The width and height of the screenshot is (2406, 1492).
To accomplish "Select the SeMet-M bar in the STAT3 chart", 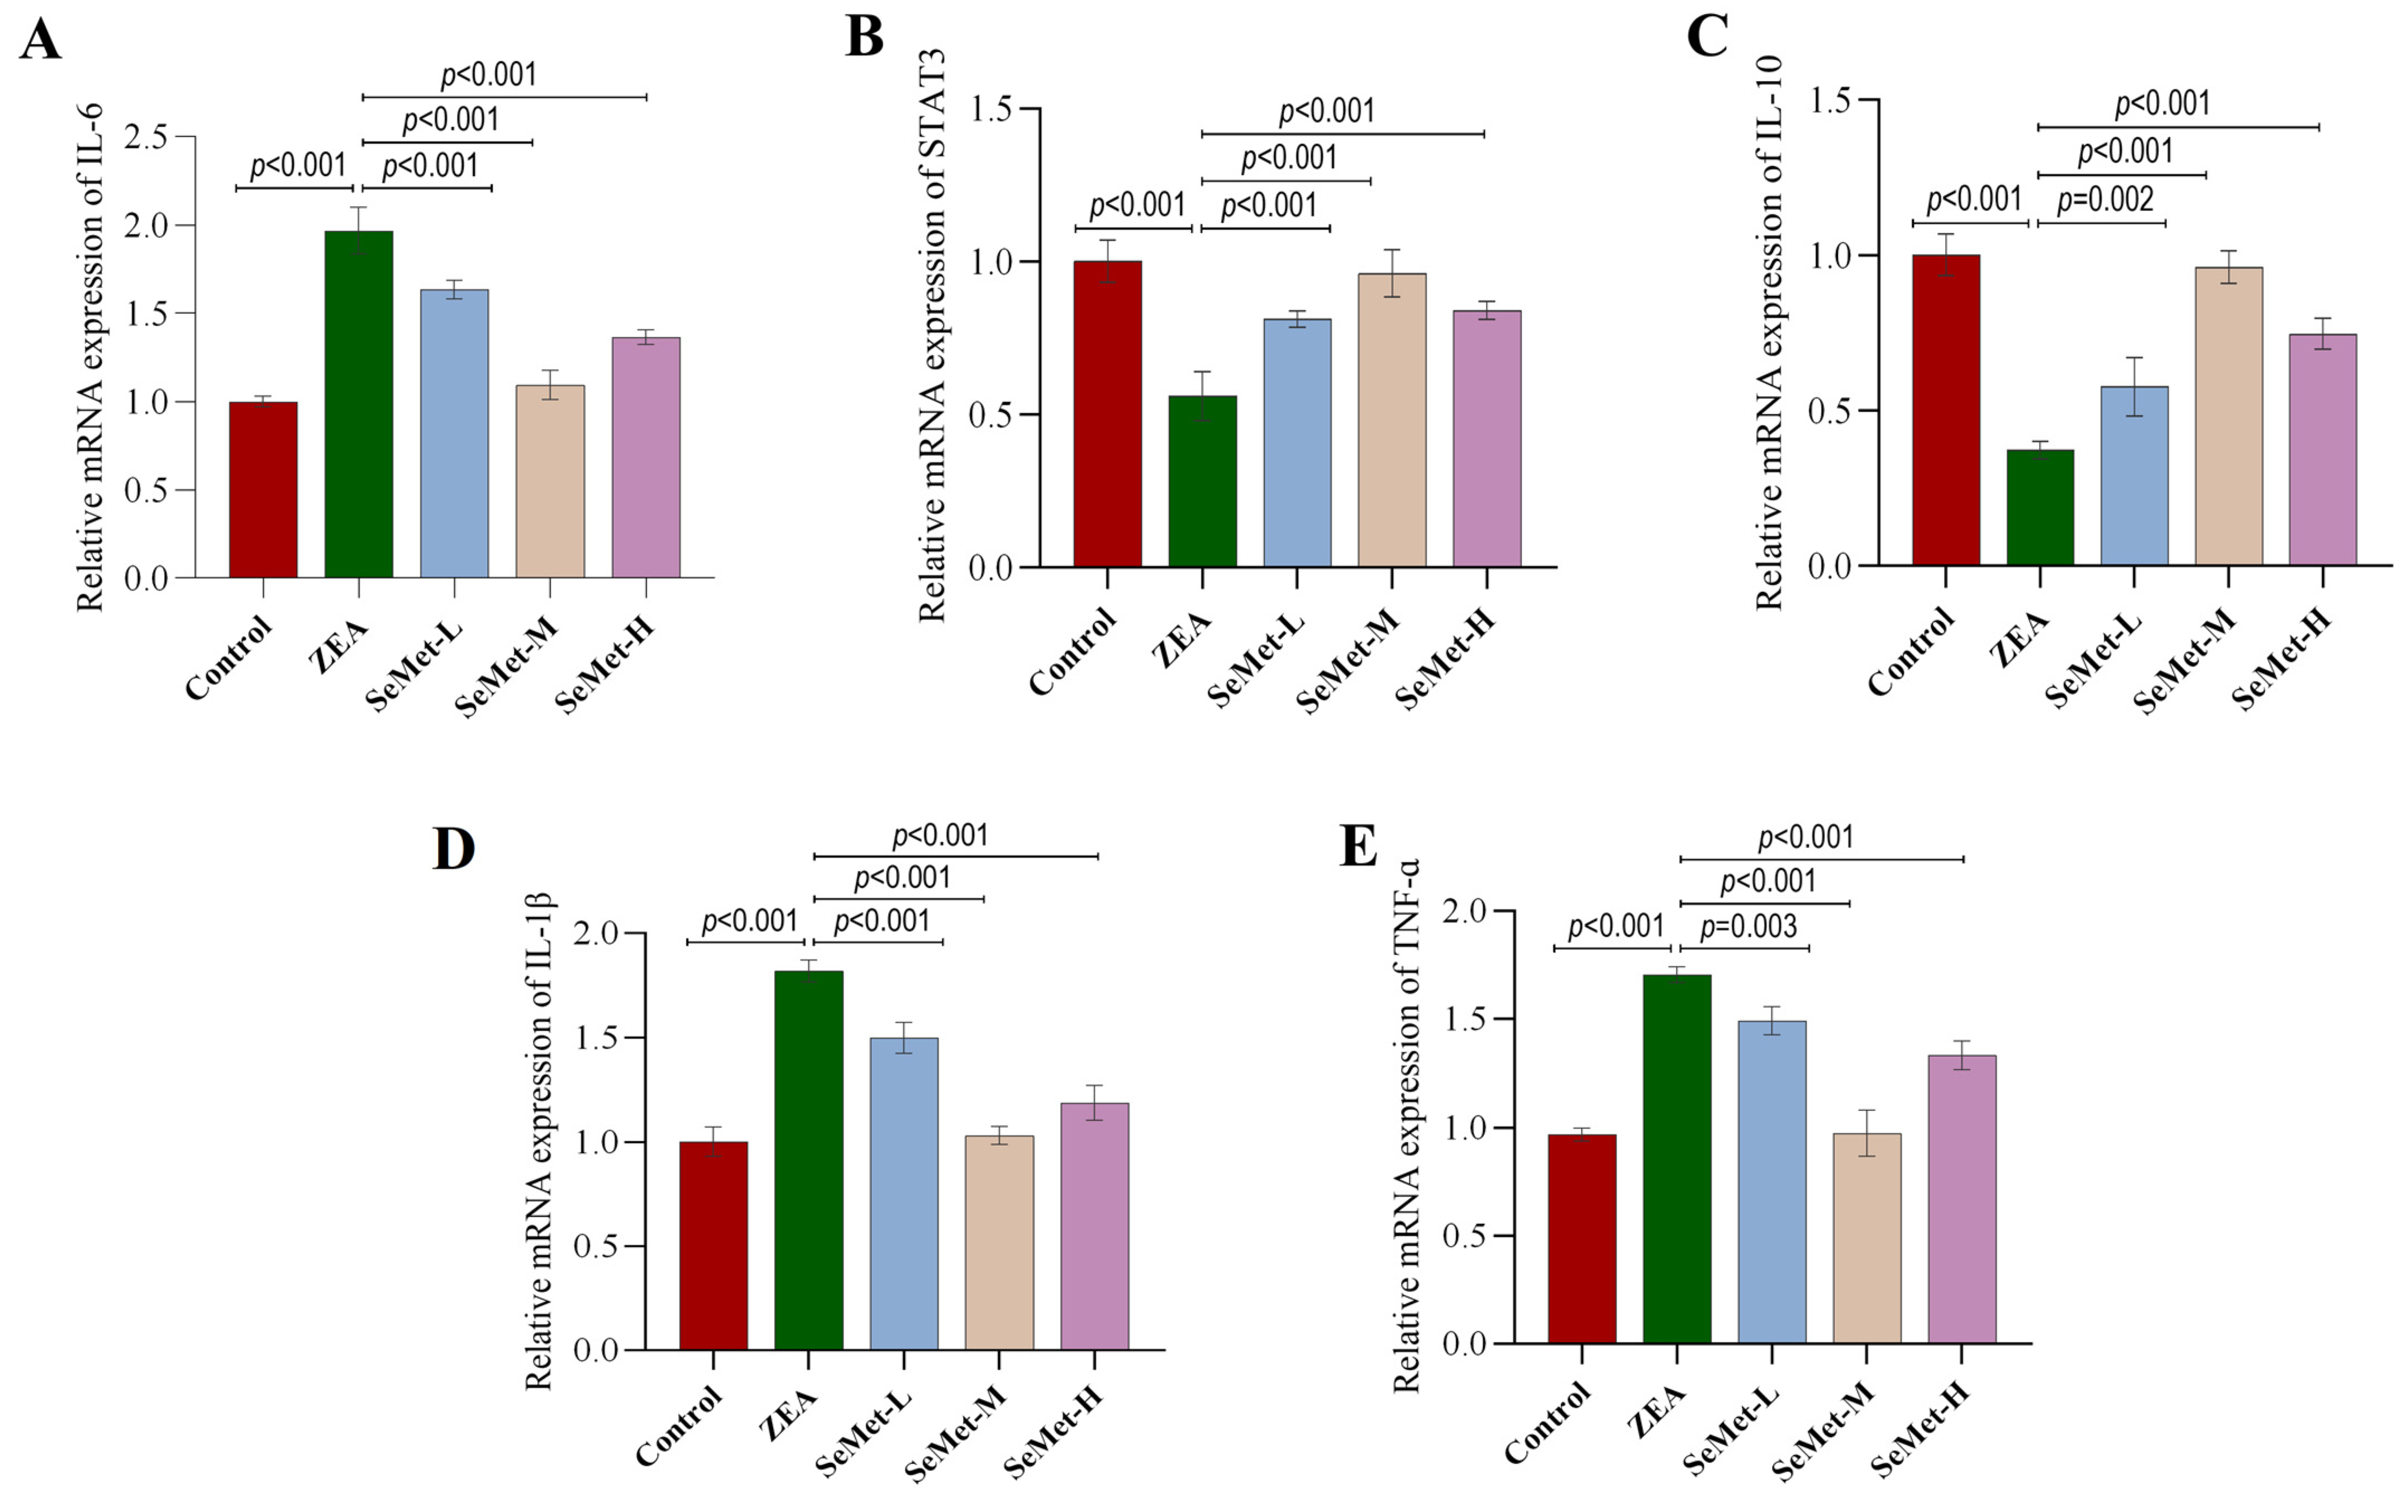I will [x=1392, y=420].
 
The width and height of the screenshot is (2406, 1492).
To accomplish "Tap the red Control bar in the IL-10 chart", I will [x=1945, y=409].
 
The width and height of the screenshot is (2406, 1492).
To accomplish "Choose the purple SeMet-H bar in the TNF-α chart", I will [x=1962, y=1199].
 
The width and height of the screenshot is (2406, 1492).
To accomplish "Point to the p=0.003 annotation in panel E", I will [x=1748, y=927].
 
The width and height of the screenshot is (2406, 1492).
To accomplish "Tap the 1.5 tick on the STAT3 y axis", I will [x=991, y=108].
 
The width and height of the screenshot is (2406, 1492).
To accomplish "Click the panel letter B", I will [x=865, y=37].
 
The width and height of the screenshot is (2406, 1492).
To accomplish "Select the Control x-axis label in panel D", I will [x=679, y=1427].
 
